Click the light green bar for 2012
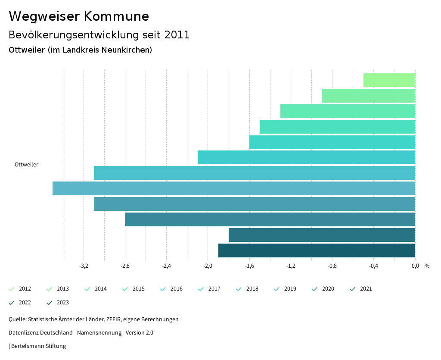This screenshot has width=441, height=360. click(389, 80)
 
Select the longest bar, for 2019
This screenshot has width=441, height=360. click(234, 188)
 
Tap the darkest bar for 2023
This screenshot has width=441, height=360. click(317, 250)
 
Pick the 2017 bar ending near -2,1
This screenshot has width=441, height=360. click(306, 157)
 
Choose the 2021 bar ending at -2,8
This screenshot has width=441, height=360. click(270, 219)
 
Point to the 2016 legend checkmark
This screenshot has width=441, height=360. click(163, 289)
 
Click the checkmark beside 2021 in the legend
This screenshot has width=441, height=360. click(353, 289)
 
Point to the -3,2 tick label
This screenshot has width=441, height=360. click(84, 266)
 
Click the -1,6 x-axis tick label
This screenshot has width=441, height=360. click(249, 266)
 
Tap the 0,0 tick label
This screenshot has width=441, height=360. click(415, 266)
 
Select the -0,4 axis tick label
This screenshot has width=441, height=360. click(373, 266)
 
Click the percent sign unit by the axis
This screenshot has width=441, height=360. click(427, 266)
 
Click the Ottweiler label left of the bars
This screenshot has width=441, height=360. click(26, 165)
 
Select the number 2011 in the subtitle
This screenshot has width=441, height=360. click(177, 35)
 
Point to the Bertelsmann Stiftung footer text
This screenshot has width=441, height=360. click(38, 346)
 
